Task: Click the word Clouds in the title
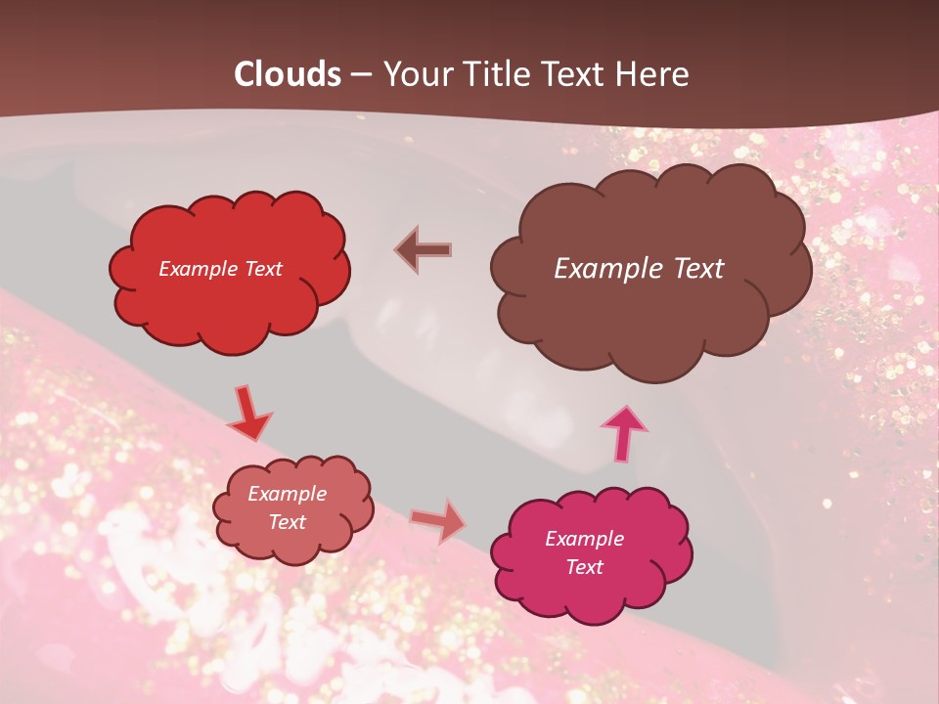(x=288, y=74)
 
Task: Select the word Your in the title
(x=417, y=74)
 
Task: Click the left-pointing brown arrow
(x=424, y=250)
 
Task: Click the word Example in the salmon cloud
(x=288, y=494)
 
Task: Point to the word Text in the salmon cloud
(x=288, y=522)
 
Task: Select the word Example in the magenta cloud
(x=585, y=539)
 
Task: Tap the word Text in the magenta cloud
(x=585, y=567)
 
